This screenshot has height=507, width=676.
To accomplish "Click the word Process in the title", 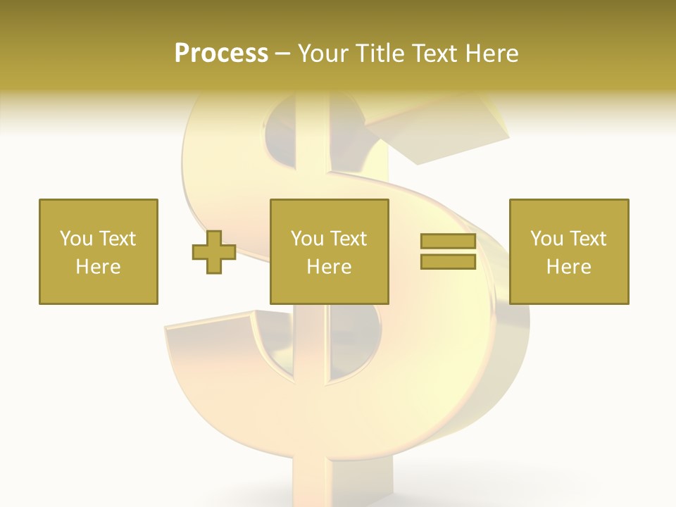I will coord(221,54).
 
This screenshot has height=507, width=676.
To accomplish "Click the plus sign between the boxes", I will coord(214,252).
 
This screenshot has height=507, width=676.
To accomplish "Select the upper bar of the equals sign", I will coord(448,242).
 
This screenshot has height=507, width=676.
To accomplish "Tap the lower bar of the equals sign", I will coord(448,262).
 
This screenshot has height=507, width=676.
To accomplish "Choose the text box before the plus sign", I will coord(99,211).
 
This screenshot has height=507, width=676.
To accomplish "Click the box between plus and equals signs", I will coord(330,211).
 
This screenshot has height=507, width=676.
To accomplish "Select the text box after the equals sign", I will coord(569,211).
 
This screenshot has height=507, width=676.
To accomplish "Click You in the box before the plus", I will coord(74,239).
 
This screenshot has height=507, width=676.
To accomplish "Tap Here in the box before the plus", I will coord(98,267).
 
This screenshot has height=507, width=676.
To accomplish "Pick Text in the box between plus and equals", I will coord(349,239).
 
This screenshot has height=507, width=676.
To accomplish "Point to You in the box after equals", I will coord(545,239).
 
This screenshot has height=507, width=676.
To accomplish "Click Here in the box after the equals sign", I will coord(568,267).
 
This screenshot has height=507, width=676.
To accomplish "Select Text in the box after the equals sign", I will coord(588,239).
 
